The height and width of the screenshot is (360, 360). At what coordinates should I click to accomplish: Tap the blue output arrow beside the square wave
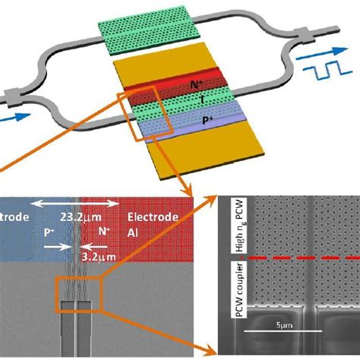309,55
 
